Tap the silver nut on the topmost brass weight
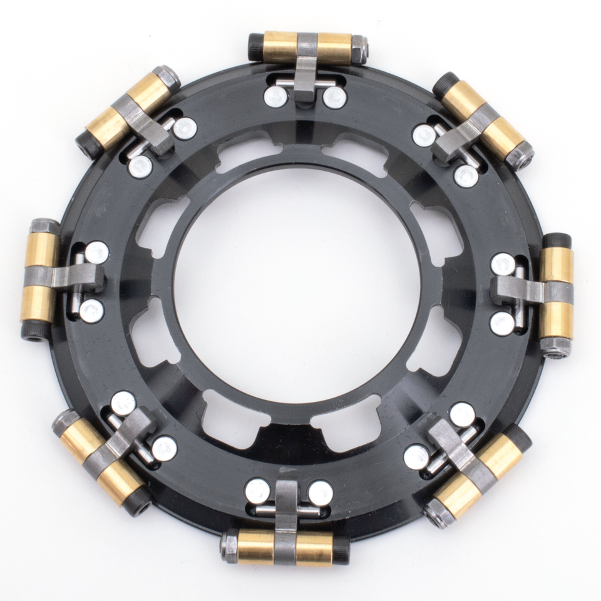[359, 48]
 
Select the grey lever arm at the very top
[306, 69]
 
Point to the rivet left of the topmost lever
[275, 96]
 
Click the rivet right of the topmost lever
[335, 96]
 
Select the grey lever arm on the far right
[520, 290]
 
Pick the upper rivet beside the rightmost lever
[503, 264]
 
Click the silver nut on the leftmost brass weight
[44, 227]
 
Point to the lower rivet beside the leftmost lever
[91, 311]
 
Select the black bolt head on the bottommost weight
[341, 550]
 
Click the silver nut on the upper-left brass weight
[167, 78]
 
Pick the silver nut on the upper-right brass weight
[520, 156]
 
